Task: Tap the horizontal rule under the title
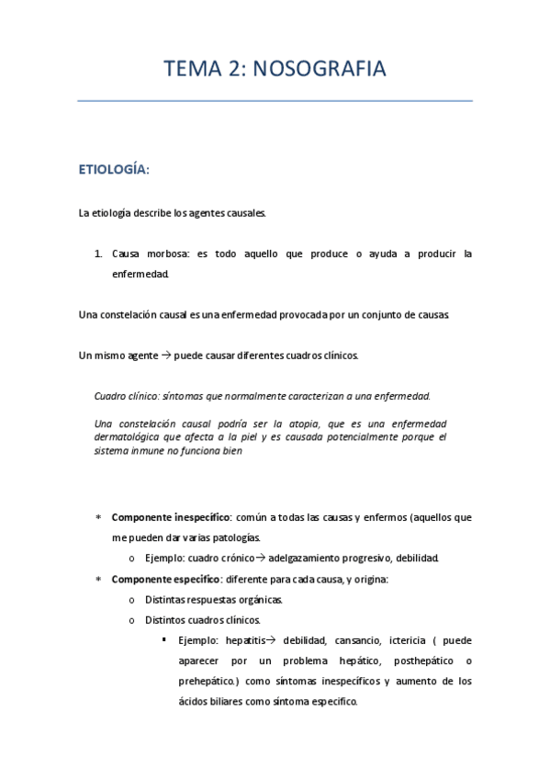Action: [275, 100]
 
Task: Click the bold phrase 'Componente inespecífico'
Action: [171, 517]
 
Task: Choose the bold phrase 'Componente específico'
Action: [165, 579]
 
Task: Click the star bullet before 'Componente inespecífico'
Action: [99, 518]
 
